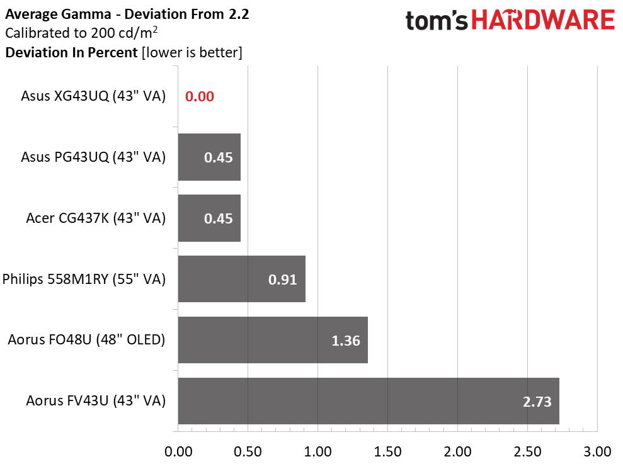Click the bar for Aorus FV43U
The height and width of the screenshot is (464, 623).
click(369, 401)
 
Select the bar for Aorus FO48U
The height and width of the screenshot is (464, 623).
click(273, 339)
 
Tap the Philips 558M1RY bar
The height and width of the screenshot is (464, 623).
click(241, 279)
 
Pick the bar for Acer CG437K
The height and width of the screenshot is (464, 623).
click(209, 218)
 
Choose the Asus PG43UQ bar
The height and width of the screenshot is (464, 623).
click(209, 157)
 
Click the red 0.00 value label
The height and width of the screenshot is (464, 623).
click(200, 96)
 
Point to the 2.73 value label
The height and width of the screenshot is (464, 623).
click(537, 402)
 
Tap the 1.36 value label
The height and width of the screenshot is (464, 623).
click(346, 341)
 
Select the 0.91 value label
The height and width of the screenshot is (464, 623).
click(282, 280)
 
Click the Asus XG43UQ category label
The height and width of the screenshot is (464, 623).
click(93, 96)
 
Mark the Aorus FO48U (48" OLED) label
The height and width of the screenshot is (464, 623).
click(86, 339)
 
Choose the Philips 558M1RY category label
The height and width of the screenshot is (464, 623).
click(84, 279)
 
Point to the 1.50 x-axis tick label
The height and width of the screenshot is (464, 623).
click(387, 451)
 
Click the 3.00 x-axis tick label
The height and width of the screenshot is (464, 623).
click(597, 451)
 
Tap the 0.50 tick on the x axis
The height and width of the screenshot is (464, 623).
click(248, 451)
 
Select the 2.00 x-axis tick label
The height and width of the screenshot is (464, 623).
click(457, 451)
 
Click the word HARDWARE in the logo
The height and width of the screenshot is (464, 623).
click(543, 20)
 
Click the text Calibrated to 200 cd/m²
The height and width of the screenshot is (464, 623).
click(81, 33)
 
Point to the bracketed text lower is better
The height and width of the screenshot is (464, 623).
click(192, 52)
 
